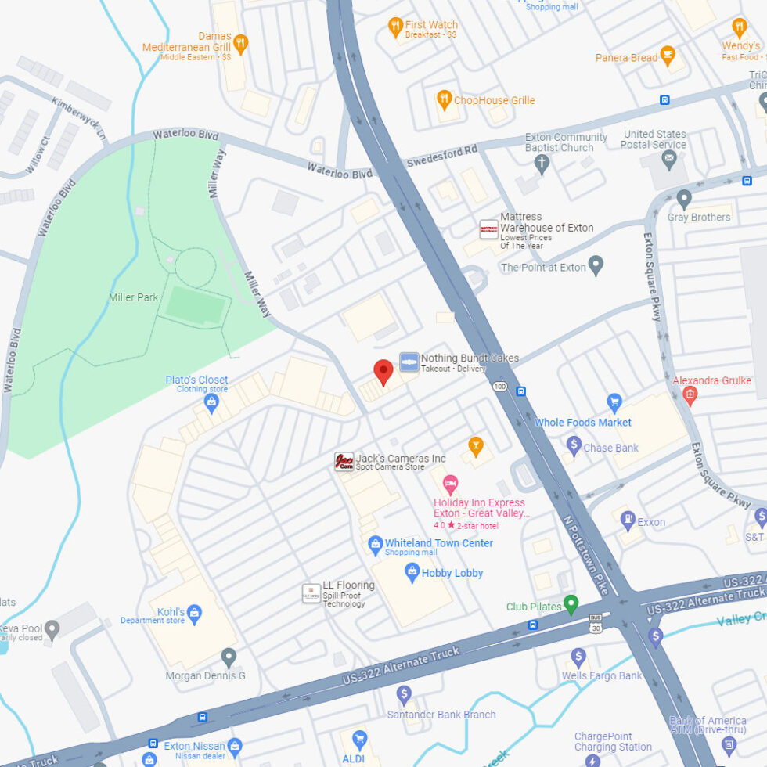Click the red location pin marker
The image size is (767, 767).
[383, 371]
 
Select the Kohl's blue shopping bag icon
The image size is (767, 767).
[195, 611]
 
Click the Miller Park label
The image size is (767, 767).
[134, 297]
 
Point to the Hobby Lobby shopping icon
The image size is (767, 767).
[412, 573]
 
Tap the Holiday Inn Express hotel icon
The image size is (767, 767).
[450, 484]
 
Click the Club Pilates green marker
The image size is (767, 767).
[571, 604]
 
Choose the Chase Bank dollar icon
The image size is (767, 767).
[574, 447]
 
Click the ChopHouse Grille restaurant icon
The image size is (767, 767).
[445, 99]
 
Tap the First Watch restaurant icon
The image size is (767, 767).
[396, 28]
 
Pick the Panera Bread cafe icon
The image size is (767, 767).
[667, 56]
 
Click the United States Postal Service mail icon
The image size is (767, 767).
[669, 160]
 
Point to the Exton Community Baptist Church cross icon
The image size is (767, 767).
[541, 164]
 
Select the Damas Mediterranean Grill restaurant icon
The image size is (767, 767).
[241, 43]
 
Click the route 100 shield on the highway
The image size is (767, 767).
[499, 386]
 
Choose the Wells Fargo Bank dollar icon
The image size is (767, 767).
[578, 657]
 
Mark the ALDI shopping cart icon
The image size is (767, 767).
[359, 738]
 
